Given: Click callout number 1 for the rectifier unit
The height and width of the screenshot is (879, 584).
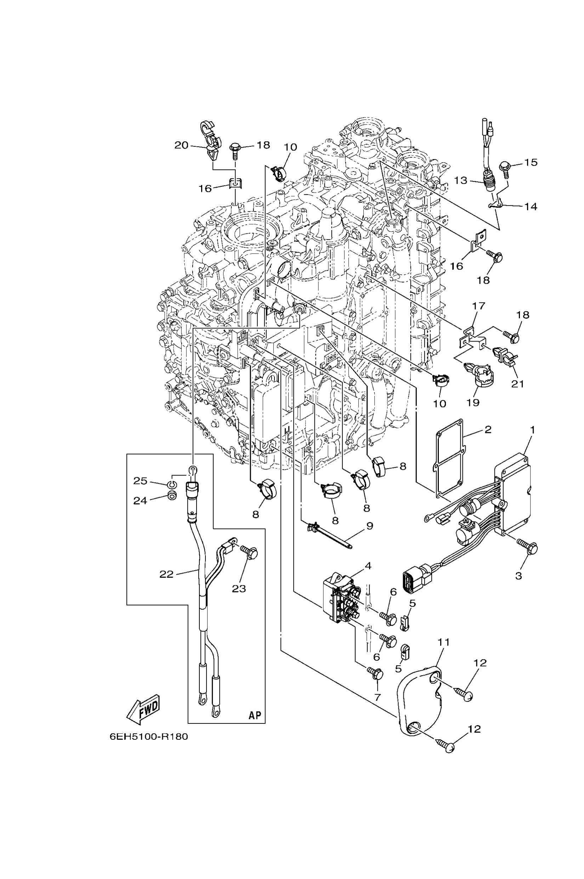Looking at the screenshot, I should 532,430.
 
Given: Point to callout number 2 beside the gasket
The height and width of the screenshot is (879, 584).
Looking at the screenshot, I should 488,429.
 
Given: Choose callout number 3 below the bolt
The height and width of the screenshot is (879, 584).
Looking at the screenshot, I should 518,576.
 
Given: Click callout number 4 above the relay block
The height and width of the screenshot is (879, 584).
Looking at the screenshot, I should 368,566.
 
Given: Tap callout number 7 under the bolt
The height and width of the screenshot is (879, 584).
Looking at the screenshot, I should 377,697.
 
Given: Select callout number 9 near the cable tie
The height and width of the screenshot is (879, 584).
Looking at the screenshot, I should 369,526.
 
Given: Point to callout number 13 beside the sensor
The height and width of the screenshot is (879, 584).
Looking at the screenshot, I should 460,180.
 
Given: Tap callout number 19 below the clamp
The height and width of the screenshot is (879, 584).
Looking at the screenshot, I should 473,402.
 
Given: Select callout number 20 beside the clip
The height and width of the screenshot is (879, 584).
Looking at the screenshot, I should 181,145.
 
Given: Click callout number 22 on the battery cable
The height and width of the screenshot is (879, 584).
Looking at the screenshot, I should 166,574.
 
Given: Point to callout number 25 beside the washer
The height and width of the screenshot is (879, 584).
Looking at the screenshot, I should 140,481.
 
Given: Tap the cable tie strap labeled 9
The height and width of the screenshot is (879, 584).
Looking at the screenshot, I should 337,540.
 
